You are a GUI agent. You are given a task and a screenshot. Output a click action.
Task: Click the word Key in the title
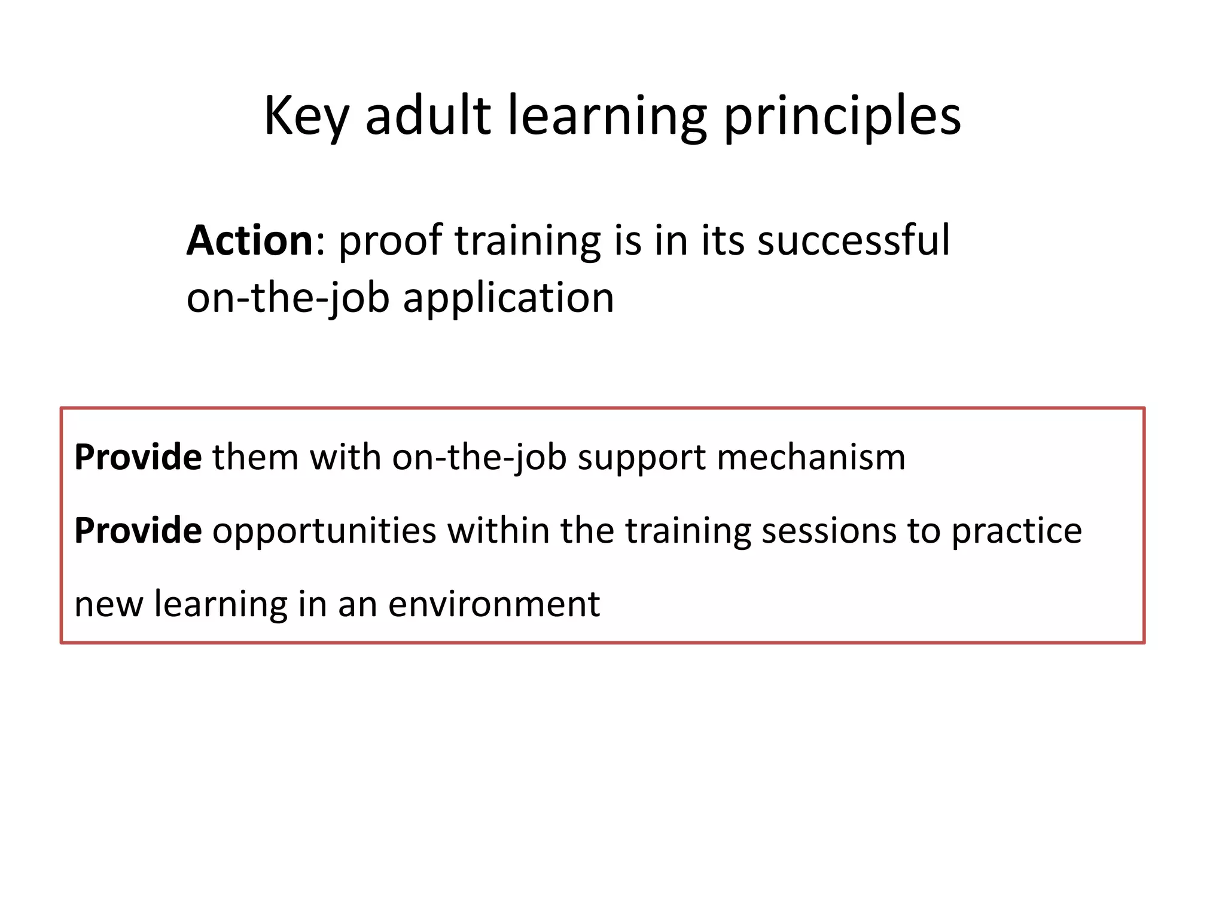click(x=306, y=117)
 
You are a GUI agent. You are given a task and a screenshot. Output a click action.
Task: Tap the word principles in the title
click(x=842, y=117)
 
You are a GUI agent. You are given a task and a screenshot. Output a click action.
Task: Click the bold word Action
click(x=249, y=240)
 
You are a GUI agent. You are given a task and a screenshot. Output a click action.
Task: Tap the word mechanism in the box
click(x=810, y=458)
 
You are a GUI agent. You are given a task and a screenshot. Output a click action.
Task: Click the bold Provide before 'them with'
click(x=138, y=458)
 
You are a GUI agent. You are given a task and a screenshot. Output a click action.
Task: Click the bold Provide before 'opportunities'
click(x=138, y=531)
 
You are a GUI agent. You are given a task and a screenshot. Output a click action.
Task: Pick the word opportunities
click(x=324, y=531)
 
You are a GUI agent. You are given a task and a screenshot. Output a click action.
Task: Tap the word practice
click(x=1016, y=531)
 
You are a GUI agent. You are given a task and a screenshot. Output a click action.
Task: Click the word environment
click(x=493, y=604)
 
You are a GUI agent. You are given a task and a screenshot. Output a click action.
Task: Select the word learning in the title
click(x=607, y=117)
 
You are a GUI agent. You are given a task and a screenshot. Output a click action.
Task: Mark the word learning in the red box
click(x=221, y=604)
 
